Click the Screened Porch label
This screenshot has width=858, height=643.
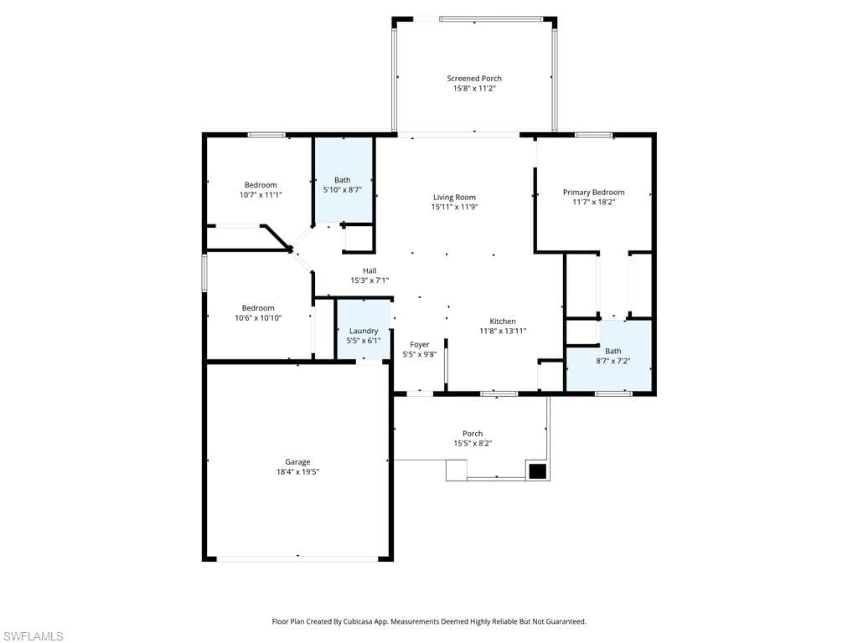point(474,78)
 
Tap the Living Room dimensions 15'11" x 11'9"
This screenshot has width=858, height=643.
point(454,207)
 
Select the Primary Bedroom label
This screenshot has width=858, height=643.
point(594,192)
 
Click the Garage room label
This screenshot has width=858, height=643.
point(297,462)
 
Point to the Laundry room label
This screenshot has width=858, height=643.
point(364,331)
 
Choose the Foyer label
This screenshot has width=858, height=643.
point(420,344)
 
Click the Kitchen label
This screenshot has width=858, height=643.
point(503,321)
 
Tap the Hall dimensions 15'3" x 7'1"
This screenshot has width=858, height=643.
point(370,280)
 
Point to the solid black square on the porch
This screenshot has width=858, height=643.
point(537,471)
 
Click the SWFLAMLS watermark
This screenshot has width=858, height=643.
point(33,636)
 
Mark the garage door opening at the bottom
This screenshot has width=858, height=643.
point(297,558)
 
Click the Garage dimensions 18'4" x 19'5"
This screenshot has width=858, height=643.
point(297,472)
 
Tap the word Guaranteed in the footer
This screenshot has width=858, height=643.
point(566,621)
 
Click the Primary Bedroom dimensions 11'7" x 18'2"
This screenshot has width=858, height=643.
point(594,202)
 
